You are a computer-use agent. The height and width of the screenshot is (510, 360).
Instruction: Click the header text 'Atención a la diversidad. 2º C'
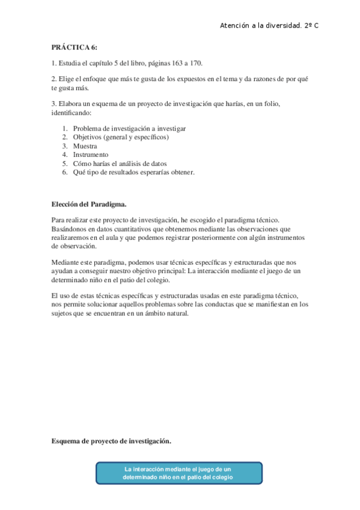269,26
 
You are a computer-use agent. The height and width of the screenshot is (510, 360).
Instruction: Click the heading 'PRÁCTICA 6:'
74,47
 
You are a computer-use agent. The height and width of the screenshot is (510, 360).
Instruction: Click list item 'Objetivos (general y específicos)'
121,137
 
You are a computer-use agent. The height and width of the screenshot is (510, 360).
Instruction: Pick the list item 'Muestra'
85,146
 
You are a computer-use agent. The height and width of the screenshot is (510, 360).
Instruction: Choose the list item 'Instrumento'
91,155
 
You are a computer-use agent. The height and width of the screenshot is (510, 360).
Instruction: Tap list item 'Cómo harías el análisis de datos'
120,164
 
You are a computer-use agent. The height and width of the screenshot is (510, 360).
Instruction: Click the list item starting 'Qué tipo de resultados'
133,172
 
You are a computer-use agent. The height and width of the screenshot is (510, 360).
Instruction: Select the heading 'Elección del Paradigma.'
88,204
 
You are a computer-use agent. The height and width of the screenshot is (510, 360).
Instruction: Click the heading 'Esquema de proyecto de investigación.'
111,441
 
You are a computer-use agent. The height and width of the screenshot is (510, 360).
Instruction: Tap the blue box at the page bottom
178,473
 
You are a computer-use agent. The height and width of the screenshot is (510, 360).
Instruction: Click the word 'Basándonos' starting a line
69,229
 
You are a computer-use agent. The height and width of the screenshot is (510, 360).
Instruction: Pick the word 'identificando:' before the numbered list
71,112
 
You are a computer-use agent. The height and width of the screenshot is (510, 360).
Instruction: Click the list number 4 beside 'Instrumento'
64,155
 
